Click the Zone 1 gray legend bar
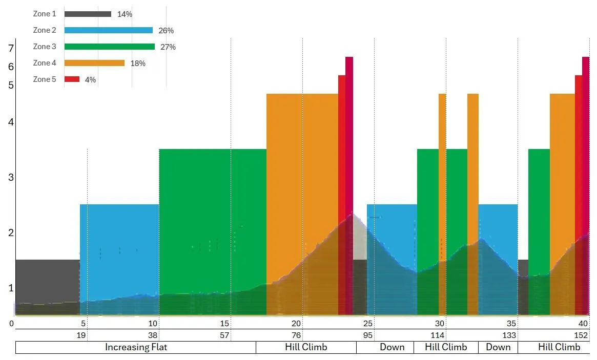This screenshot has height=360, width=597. (x=88, y=14)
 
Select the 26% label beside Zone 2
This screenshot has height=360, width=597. (x=166, y=31)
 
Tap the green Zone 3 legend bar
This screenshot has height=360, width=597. (x=109, y=47)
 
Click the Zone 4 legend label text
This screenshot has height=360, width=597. (x=45, y=63)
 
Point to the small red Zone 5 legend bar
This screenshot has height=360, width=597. (x=72, y=79)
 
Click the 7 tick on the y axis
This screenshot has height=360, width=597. (x=11, y=49)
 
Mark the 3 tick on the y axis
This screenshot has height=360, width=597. (x=11, y=178)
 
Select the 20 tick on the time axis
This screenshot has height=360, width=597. (x=296, y=324)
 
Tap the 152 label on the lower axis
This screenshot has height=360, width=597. (x=581, y=335)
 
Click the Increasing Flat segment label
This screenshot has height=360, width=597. (x=136, y=347)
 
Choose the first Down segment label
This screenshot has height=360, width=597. (x=392, y=347)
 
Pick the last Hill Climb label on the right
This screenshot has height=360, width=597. (x=559, y=347)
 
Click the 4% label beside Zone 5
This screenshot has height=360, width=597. (x=90, y=80)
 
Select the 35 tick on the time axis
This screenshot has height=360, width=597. (x=511, y=324)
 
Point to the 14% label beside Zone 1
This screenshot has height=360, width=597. (x=125, y=14)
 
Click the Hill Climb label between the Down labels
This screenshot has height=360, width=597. (x=446, y=347)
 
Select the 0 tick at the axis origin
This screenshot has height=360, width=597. (x=11, y=324)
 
